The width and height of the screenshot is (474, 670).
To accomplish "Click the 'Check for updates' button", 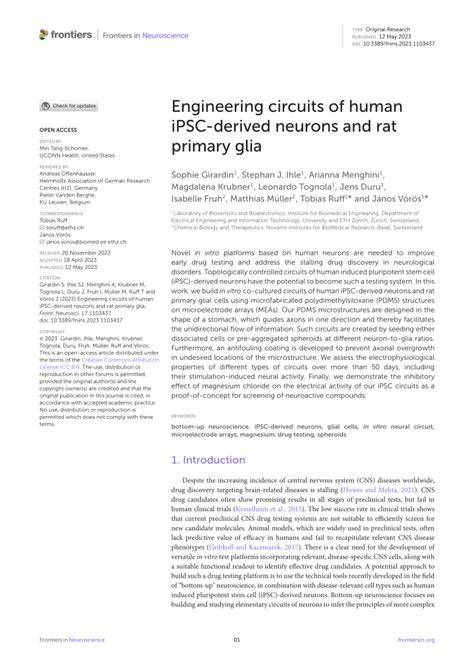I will (x=69, y=105).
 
